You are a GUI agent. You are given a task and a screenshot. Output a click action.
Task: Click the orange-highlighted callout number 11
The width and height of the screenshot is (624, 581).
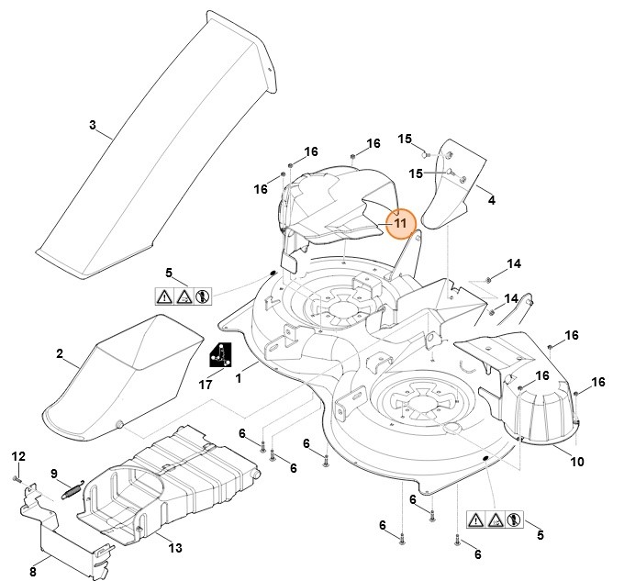[x=400, y=222]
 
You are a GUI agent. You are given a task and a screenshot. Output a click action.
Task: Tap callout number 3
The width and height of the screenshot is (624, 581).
[x=93, y=125]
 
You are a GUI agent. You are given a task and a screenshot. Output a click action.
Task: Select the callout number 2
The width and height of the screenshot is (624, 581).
[x=60, y=353]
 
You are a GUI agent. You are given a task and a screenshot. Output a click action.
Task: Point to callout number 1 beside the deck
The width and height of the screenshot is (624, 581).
[x=239, y=377]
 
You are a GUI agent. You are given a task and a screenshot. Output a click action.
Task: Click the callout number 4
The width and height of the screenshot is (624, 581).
[x=491, y=198]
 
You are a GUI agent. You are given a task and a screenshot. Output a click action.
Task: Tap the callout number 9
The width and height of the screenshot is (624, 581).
[x=54, y=474]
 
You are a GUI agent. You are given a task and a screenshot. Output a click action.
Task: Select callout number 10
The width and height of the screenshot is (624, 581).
[x=577, y=462]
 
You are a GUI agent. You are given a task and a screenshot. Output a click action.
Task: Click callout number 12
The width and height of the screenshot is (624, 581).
[x=17, y=456]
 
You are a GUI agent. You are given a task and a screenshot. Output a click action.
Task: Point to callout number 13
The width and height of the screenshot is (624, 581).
[x=174, y=548]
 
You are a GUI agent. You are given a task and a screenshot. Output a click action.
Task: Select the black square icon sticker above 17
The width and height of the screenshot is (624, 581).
[x=220, y=353]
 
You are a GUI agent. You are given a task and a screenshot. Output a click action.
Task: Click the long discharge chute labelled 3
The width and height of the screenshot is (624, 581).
[x=156, y=147]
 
